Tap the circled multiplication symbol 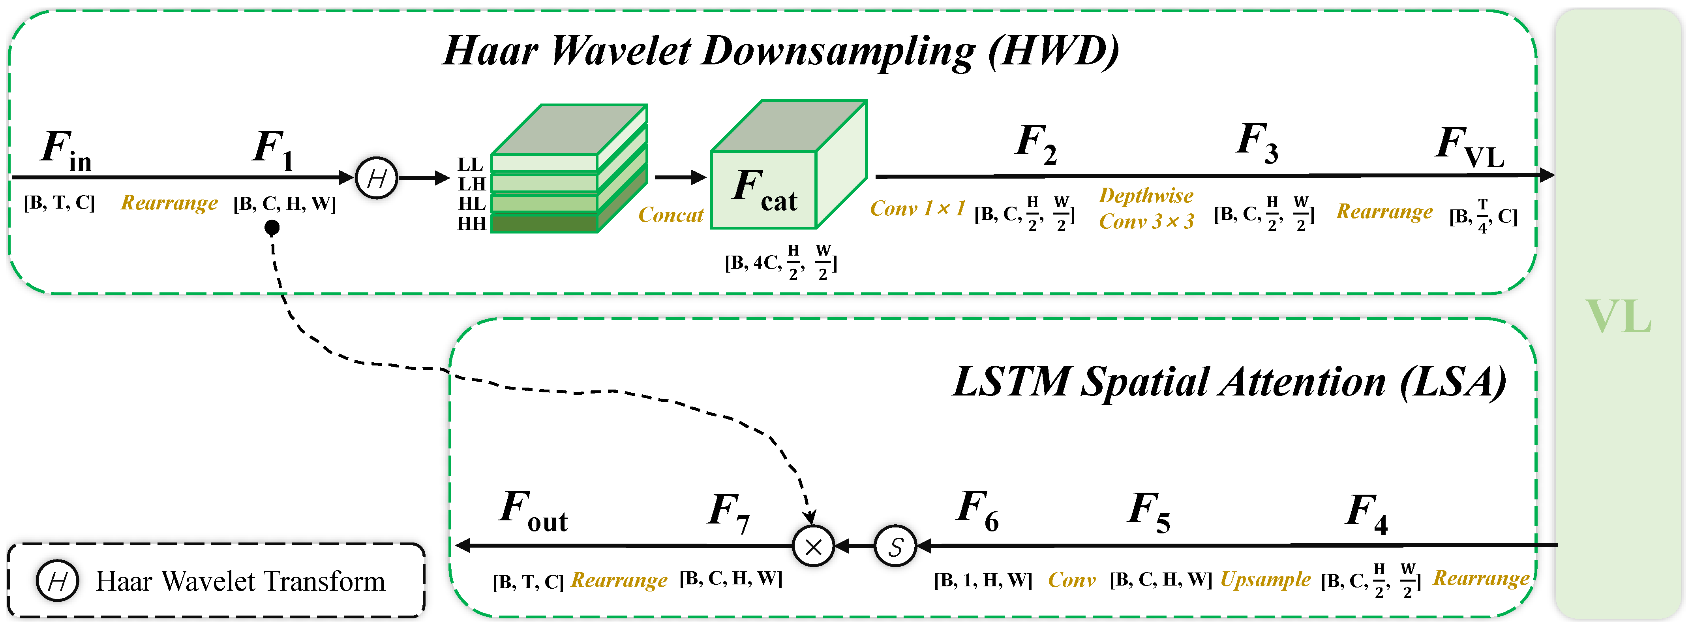[x=813, y=546]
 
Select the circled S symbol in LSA [x=895, y=546]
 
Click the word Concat [x=671, y=215]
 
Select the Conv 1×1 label [x=917, y=209]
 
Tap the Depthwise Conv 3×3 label [x=1146, y=208]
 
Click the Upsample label [x=1265, y=580]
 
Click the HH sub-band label [x=472, y=224]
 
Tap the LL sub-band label [x=470, y=164]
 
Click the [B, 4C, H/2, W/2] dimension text [x=781, y=262]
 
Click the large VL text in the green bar [x=1618, y=317]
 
